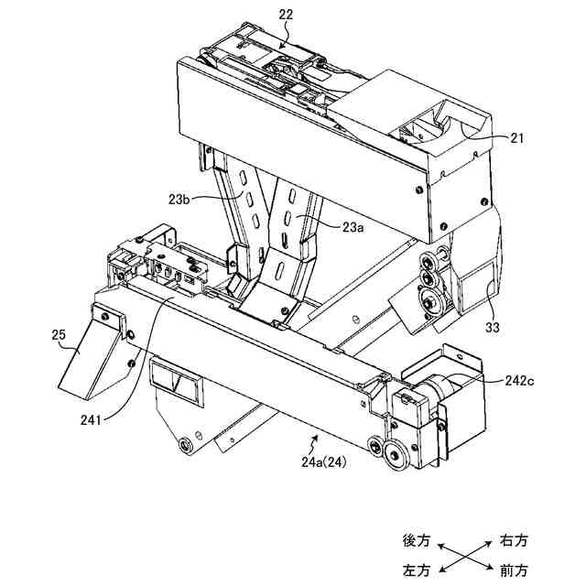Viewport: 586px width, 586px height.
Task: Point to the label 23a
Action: [354, 228]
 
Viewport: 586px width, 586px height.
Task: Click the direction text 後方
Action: [418, 540]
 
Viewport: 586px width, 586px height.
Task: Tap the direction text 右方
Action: [514, 540]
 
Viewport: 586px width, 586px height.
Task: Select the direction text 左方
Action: [418, 570]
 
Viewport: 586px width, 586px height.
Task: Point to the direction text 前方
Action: [514, 570]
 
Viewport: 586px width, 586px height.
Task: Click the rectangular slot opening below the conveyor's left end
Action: [175, 380]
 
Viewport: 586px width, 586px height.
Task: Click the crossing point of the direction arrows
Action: [465, 556]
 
